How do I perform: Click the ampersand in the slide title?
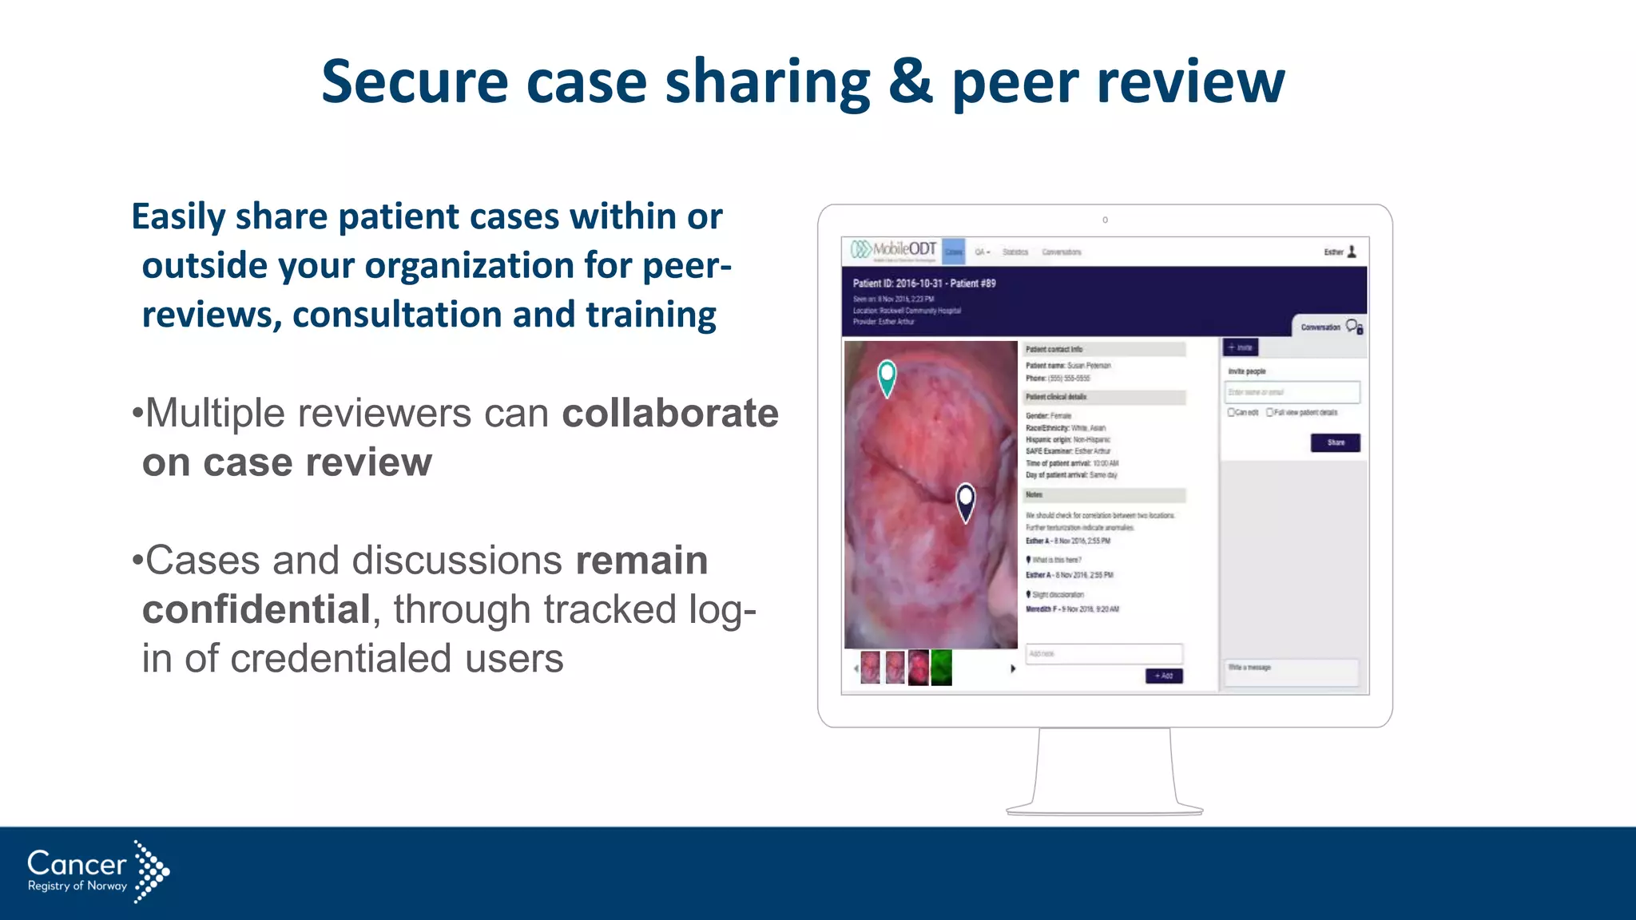click(x=911, y=82)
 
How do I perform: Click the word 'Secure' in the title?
click(x=414, y=82)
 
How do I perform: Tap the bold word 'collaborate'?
click(x=670, y=414)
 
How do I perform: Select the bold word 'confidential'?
click(x=256, y=610)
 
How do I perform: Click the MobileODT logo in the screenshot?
click(x=893, y=250)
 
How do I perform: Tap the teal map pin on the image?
click(x=887, y=377)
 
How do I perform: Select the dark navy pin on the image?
click(x=966, y=502)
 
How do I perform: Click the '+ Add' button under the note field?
click(x=1164, y=676)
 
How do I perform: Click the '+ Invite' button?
click(x=1241, y=347)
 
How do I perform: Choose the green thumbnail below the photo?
click(x=942, y=668)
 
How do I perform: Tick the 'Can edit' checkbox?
click(x=1232, y=413)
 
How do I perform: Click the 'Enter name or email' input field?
click(x=1292, y=392)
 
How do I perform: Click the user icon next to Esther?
click(x=1352, y=252)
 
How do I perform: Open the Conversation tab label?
click(x=1320, y=327)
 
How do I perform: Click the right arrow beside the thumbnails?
click(x=1013, y=668)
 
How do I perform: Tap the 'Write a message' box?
click(x=1291, y=672)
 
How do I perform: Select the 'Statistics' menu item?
click(x=1015, y=252)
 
